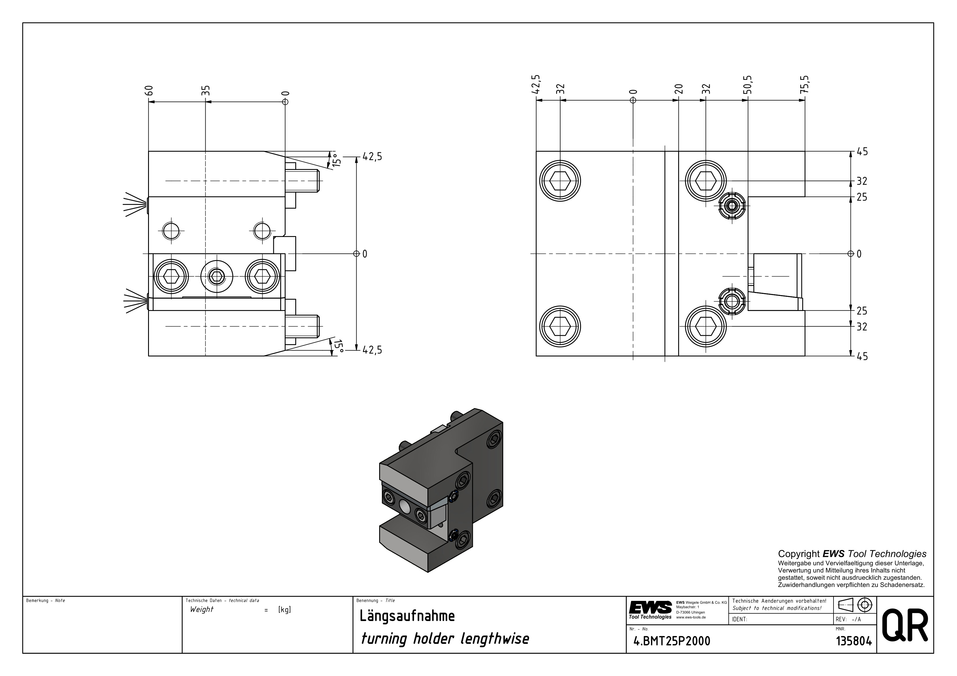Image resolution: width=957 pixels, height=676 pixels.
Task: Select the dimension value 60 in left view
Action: tap(150, 90)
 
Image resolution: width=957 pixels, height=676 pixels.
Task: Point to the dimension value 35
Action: tap(206, 90)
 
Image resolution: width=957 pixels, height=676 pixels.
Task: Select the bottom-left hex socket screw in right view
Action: tap(560, 326)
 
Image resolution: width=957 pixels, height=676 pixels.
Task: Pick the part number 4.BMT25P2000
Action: tap(672, 641)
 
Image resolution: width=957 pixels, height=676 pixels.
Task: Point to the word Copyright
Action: tap(799, 554)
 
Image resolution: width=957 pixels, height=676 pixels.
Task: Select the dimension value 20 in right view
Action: tap(678, 89)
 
